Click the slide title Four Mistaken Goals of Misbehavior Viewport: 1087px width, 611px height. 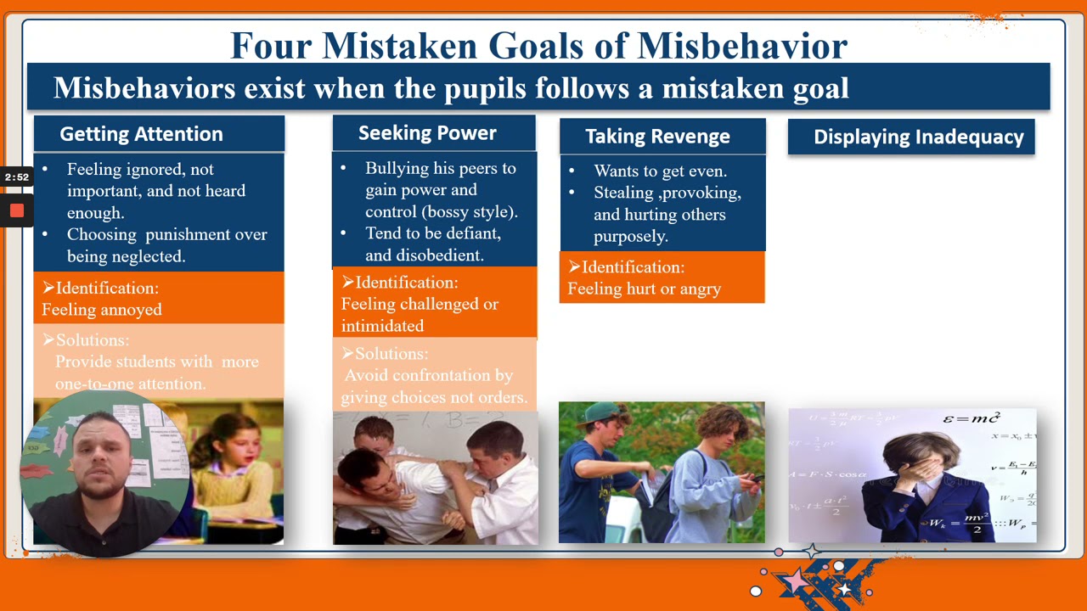click(x=538, y=46)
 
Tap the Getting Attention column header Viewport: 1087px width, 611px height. click(x=141, y=134)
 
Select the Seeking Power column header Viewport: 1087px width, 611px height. click(x=427, y=133)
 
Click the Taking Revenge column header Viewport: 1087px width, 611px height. click(x=657, y=137)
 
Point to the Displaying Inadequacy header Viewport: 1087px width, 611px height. click(x=918, y=137)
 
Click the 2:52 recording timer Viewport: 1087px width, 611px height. click(x=16, y=177)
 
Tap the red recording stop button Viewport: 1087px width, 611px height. click(x=16, y=210)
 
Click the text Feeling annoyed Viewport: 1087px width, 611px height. click(x=102, y=310)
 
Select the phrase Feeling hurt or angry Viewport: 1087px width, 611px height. click(x=644, y=289)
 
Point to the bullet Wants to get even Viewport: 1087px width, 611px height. click(x=660, y=171)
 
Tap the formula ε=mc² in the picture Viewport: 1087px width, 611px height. click(x=972, y=418)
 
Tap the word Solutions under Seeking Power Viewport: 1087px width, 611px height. click(x=391, y=354)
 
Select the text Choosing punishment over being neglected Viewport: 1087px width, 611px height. click(x=166, y=245)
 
